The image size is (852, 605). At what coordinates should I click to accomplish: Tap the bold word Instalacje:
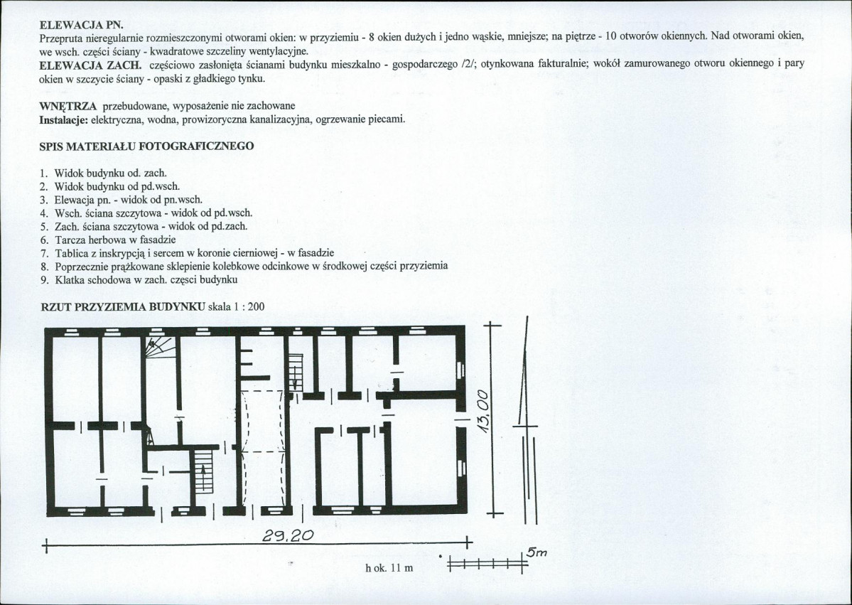tap(63, 119)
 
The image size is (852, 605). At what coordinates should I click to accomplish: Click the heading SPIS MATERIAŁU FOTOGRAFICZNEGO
tap(146, 146)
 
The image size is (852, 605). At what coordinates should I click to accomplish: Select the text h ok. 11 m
tap(388, 568)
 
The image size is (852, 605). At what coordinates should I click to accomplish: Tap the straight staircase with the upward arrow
tap(203, 471)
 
